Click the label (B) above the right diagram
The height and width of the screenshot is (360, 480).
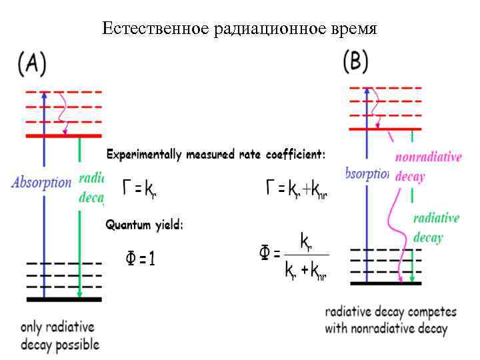pos(355,61)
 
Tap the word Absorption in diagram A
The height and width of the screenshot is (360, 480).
pos(41,182)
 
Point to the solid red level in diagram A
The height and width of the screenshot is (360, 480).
pos(63,136)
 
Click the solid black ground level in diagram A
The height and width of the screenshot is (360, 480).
pos(63,299)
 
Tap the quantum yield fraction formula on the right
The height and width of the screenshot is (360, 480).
pos(294,257)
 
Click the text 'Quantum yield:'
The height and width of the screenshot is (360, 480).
pos(145,225)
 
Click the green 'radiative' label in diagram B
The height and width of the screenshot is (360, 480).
pos(436,218)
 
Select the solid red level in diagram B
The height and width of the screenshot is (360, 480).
pos(385,129)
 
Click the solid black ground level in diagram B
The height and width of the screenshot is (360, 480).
pos(385,283)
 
